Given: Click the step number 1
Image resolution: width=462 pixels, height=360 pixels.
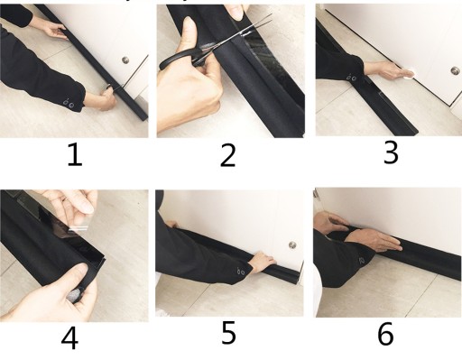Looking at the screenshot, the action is [75, 154].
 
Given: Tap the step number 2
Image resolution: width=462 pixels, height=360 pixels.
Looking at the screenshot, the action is [227, 155].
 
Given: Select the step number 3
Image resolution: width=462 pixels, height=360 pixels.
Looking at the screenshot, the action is [391, 152].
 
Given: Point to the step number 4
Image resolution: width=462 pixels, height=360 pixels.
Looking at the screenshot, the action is [69, 338].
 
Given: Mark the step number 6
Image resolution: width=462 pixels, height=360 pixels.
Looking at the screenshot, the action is [385, 334].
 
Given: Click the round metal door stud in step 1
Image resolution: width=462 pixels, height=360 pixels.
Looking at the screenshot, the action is [125, 60].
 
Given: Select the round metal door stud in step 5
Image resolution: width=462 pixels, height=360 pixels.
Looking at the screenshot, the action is [292, 245].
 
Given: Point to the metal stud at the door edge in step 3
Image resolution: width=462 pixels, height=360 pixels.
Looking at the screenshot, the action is [455, 71].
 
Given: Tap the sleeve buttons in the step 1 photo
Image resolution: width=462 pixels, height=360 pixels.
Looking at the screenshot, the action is [69, 103].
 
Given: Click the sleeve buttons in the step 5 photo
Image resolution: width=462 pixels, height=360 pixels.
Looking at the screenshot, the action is [241, 272].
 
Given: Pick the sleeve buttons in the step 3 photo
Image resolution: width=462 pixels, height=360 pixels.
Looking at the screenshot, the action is [351, 78].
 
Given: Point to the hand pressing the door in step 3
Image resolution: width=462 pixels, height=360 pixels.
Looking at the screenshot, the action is [388, 70].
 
